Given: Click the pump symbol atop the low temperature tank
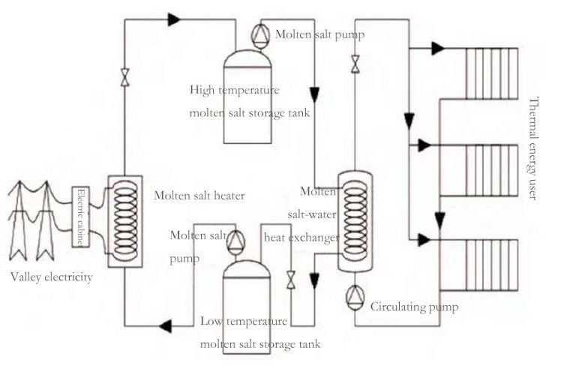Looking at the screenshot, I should (235, 239).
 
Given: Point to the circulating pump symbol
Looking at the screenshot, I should (355, 297).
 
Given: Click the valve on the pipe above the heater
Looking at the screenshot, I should (124, 76).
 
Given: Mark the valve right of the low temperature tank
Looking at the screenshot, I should (291, 278).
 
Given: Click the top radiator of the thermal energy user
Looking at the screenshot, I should (491, 74).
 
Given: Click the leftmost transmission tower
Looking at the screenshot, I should (18, 221).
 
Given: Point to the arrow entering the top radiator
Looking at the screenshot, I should (436, 48).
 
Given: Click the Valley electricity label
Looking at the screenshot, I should (52, 277).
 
